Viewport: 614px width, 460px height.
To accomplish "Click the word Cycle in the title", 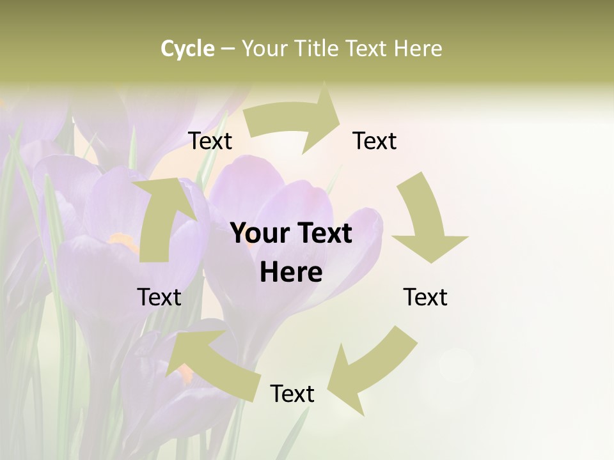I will (x=187, y=49).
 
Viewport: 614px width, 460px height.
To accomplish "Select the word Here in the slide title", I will (x=418, y=49).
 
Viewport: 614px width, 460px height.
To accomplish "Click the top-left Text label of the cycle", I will (x=210, y=141).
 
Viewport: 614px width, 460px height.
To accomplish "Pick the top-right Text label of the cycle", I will (x=375, y=141).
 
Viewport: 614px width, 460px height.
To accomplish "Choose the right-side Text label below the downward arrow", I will (x=425, y=297).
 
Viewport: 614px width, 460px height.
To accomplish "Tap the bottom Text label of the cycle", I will (x=292, y=394).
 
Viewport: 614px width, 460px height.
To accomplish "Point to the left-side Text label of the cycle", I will (x=159, y=297).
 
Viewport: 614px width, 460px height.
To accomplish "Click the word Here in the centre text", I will (x=291, y=273).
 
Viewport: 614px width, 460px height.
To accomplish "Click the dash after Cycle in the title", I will (x=228, y=49).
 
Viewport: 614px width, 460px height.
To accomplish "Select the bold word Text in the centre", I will (x=324, y=234).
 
